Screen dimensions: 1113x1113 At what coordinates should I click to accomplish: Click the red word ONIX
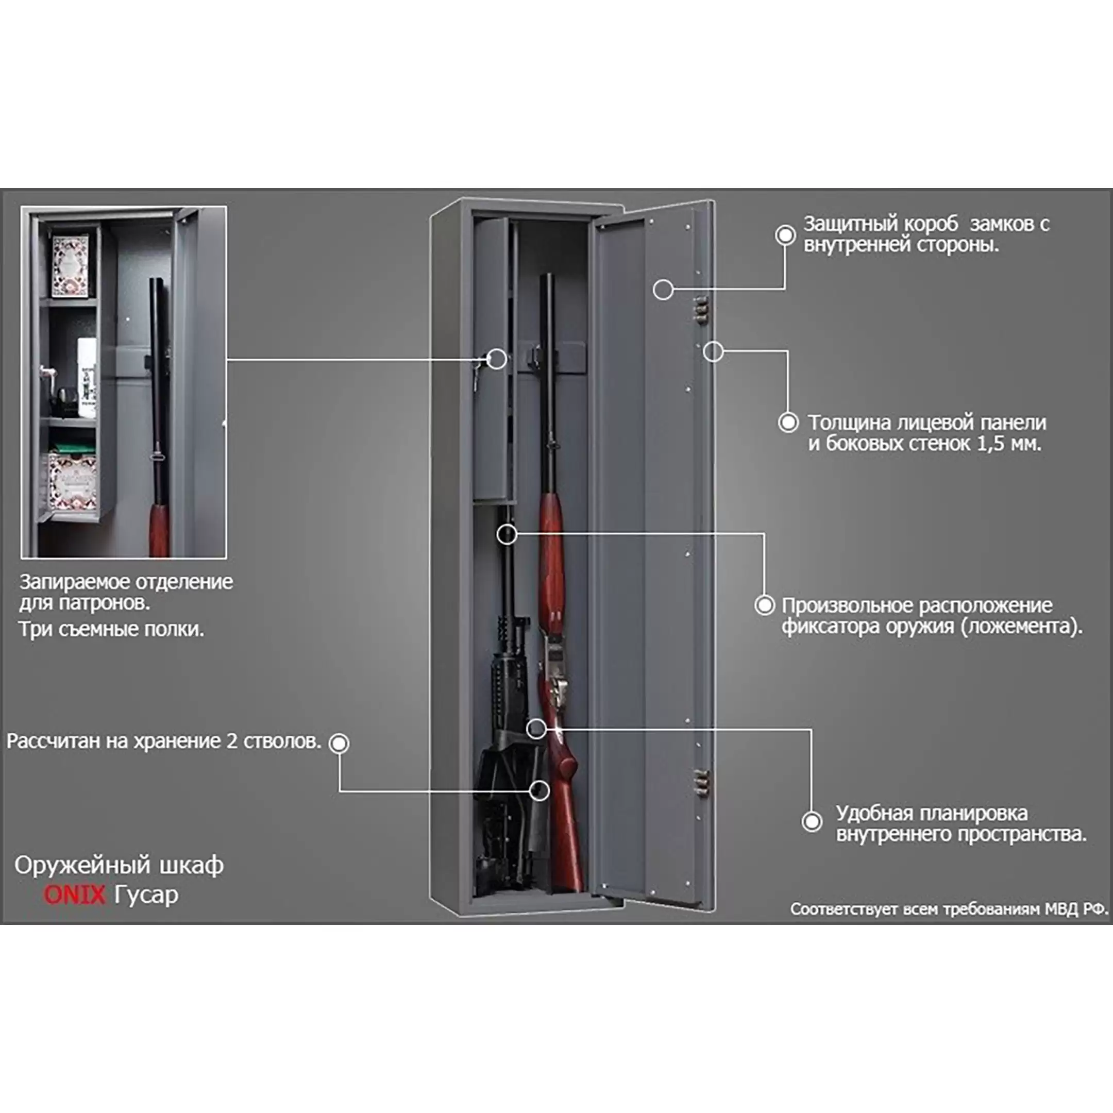click(x=74, y=895)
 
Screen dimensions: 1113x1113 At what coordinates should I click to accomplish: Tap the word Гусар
click(x=146, y=895)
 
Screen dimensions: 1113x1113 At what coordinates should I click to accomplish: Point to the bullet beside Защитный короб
click(x=785, y=234)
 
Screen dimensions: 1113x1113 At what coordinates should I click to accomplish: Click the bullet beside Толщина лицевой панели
click(x=788, y=423)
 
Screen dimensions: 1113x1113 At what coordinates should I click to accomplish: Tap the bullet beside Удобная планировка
click(x=812, y=821)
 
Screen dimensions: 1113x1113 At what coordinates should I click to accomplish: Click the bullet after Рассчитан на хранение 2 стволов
click(x=339, y=743)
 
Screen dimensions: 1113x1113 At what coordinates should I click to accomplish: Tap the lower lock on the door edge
click(x=699, y=782)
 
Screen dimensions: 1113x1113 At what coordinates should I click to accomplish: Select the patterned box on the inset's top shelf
click(x=70, y=265)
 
